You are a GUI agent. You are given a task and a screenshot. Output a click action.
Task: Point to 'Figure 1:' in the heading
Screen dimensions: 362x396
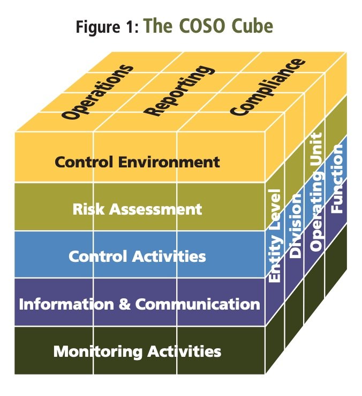[108, 26]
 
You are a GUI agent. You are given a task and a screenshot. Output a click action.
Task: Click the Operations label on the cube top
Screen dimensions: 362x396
[97, 92]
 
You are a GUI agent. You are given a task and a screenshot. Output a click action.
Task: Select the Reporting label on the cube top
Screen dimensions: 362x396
[179, 90]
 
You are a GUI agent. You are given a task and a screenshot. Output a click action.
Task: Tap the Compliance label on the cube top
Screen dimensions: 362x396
[268, 87]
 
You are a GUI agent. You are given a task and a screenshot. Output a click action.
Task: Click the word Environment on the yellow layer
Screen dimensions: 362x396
[169, 162]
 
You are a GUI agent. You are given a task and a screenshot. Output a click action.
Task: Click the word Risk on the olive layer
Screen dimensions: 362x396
[88, 209]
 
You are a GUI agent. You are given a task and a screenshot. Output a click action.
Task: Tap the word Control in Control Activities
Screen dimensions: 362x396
[97, 256]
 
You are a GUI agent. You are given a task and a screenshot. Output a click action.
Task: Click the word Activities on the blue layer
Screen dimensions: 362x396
[169, 256]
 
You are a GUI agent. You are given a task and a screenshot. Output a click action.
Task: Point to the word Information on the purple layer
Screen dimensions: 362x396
[66, 304]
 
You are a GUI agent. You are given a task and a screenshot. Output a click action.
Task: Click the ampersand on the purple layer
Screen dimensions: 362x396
[125, 304]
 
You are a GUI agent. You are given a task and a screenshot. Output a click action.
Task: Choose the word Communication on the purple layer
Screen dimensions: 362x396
[198, 304]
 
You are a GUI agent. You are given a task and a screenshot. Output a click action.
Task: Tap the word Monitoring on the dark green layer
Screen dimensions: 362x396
[98, 352]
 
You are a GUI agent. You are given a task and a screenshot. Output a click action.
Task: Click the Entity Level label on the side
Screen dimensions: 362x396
[274, 236]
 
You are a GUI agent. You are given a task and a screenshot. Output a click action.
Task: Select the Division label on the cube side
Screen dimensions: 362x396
[295, 225]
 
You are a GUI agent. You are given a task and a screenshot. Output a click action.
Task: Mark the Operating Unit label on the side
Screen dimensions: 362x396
[316, 192]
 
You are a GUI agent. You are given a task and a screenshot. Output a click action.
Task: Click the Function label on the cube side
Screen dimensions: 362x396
[336, 178]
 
